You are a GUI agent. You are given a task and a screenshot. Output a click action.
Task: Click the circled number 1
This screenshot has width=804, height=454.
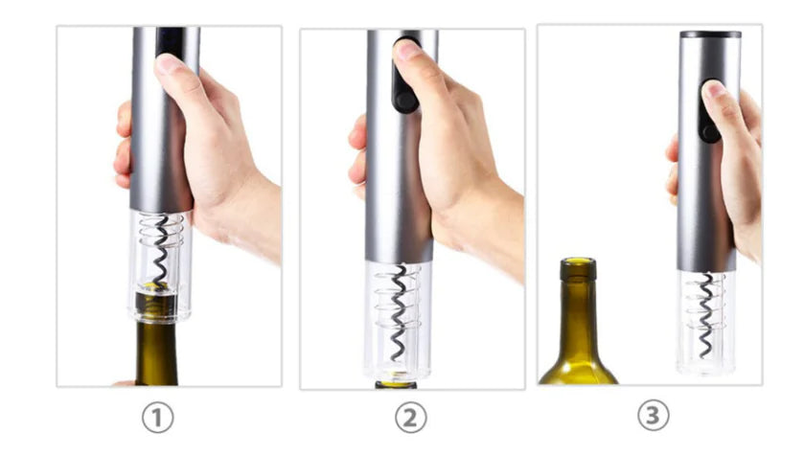[158, 418]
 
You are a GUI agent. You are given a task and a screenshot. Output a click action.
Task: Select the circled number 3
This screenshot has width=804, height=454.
[655, 416]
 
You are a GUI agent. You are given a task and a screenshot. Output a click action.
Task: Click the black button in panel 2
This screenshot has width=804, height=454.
[403, 89]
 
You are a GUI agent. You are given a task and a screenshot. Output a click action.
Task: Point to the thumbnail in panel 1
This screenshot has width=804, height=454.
[169, 64]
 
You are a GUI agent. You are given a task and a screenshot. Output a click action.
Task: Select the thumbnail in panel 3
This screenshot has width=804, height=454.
[714, 90]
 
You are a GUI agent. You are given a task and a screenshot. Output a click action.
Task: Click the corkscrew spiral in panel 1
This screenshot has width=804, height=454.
[159, 251]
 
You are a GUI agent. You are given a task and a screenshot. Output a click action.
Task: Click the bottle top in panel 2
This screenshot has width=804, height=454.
[395, 384]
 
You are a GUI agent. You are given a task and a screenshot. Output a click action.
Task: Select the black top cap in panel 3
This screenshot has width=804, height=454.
[710, 34]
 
